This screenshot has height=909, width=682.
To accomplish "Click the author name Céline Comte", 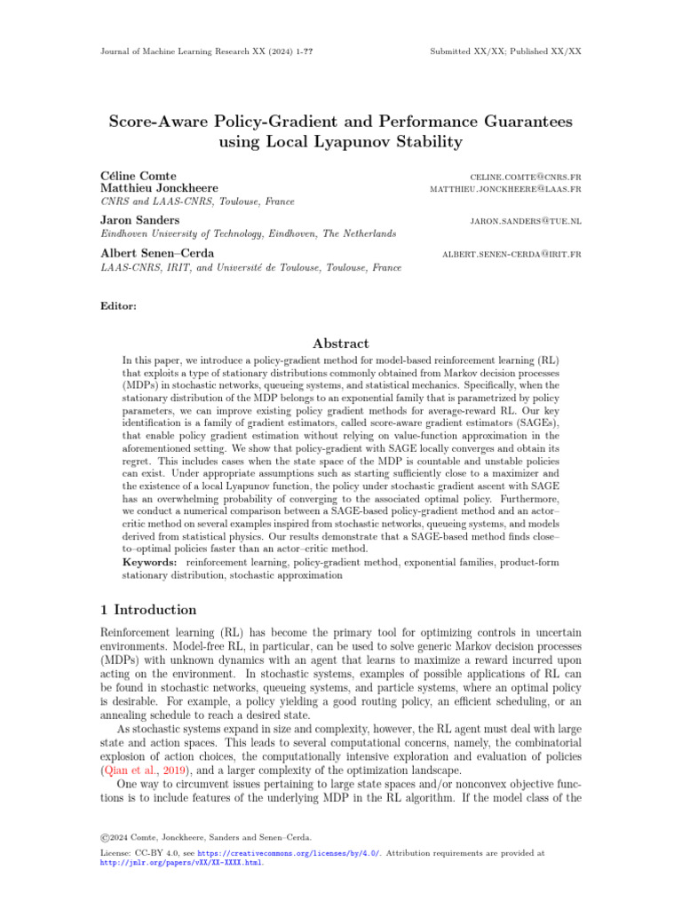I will [x=140, y=176].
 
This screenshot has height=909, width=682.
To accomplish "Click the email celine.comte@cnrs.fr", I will [x=520, y=177].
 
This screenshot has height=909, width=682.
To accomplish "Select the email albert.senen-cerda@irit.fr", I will [x=511, y=254].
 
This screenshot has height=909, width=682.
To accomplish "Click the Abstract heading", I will [x=340, y=344].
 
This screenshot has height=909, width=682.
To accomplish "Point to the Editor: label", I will [x=120, y=306].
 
